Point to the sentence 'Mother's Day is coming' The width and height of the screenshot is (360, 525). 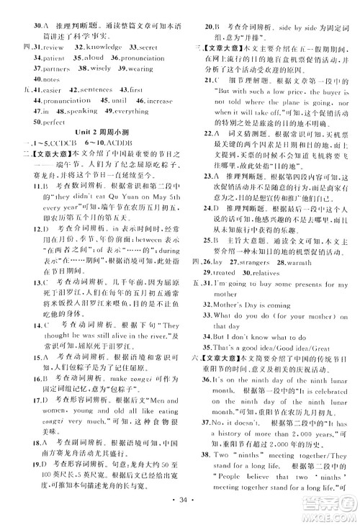256,303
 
